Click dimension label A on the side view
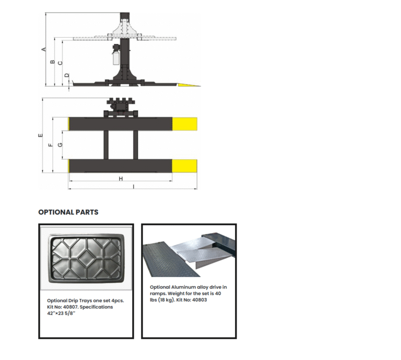44,50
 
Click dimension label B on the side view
52,62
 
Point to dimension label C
60,63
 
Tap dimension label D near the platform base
67,75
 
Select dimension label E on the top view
40,135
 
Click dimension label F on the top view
51,145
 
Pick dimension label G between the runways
60,145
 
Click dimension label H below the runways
121,179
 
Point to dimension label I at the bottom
134,187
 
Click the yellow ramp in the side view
188,85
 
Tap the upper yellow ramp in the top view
184,124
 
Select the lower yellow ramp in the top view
184,166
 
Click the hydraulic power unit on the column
116,54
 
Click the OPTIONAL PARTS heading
68,212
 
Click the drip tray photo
86,258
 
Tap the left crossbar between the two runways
106,145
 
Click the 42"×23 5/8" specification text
61,313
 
